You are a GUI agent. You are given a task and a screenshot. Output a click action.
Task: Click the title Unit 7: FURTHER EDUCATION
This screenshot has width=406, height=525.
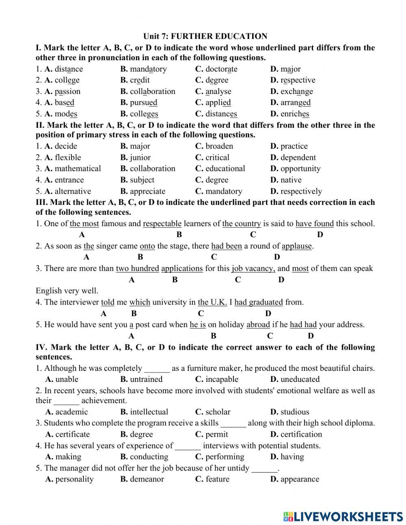205,37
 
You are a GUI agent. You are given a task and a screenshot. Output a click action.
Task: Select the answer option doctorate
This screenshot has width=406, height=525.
221,69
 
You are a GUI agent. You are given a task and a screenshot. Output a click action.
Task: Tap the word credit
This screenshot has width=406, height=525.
140,80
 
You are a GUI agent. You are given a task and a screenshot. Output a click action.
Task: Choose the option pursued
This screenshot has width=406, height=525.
144,102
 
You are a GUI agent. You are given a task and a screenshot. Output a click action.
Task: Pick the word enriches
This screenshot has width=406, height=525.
295,114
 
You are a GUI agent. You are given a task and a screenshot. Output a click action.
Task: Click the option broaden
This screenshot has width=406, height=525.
219,146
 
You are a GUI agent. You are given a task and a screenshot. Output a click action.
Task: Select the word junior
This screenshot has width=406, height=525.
140,157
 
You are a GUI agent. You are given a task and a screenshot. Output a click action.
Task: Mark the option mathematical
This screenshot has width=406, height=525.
78,168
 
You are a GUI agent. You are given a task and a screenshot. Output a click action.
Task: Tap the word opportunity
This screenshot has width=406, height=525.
300,168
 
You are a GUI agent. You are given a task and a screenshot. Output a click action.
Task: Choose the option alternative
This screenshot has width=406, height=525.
73,191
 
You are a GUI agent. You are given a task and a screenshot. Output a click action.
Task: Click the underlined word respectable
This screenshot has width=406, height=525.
162,223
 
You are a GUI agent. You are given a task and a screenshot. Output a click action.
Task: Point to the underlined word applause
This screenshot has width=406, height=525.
297,246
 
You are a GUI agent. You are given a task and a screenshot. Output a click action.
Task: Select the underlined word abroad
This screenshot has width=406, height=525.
258,325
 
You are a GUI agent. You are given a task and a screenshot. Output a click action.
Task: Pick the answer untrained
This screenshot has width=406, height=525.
146,379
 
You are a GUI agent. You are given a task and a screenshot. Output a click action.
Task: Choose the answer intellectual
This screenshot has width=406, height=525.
149,412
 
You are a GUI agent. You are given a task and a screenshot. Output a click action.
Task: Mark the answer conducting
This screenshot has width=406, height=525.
149,457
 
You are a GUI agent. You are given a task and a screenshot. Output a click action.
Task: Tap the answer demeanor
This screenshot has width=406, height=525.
147,479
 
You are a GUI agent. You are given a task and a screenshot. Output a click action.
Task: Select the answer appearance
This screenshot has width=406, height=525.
300,479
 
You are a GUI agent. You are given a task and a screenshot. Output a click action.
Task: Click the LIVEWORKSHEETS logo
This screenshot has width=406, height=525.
343,516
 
